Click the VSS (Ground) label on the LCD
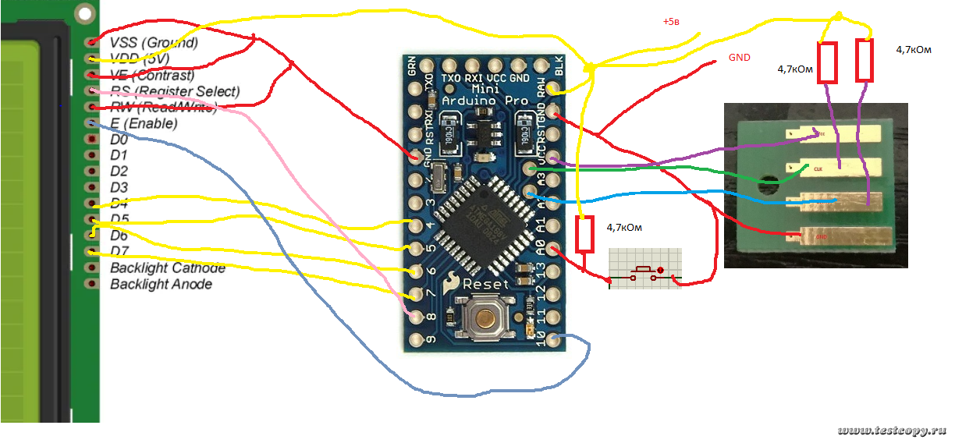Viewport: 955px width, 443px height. (154, 42)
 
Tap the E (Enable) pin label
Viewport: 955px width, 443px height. (144, 123)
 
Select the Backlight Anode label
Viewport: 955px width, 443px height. (161, 284)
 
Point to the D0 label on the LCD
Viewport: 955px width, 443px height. (119, 140)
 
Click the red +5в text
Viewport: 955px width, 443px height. (671, 22)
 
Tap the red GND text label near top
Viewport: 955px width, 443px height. (739, 58)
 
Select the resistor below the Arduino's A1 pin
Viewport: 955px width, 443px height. (584, 234)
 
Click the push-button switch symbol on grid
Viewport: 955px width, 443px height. (644, 271)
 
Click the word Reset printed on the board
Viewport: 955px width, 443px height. (485, 284)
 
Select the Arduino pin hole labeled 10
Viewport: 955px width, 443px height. (553, 339)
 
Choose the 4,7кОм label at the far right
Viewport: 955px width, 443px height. (914, 49)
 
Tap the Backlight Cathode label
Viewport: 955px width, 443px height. (167, 268)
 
